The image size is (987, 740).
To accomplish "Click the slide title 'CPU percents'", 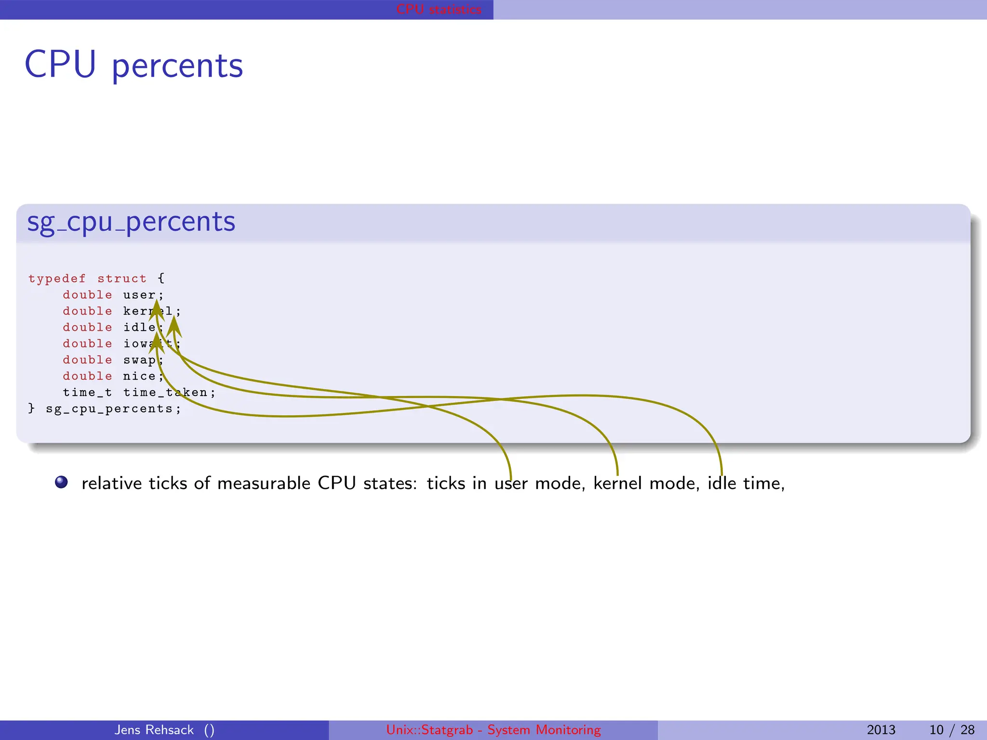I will click(133, 65).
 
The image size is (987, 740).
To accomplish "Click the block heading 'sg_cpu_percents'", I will click(131, 222).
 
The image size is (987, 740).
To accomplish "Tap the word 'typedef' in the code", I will click(57, 279).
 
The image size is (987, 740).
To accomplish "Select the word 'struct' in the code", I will click(122, 279).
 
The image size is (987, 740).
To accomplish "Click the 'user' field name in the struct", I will click(139, 295).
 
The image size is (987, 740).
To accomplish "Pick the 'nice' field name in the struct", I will click(139, 376).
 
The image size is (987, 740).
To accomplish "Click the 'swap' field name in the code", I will click(139, 360).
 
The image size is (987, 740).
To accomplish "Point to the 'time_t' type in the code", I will click(87, 393).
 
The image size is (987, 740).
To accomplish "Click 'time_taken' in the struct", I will click(165, 393).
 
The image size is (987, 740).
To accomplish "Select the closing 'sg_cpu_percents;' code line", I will click(113, 409).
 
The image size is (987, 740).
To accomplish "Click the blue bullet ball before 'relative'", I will click(61, 482).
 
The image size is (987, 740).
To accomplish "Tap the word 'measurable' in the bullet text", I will click(264, 483).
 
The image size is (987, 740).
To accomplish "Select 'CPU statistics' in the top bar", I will click(439, 10).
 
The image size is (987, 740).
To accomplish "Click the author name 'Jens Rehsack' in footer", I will click(154, 730).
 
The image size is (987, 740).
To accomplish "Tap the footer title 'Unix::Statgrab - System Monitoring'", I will click(493, 730).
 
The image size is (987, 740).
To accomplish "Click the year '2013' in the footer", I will click(881, 730).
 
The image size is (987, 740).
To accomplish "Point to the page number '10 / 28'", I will click(952, 730).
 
